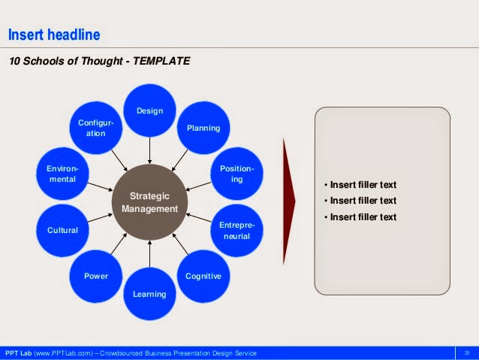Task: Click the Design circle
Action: [149, 110]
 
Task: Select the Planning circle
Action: [203, 128]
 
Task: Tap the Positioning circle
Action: [236, 174]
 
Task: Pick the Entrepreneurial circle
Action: [236, 230]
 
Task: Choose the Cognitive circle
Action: [203, 276]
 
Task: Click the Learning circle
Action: [149, 294]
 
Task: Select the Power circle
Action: [96, 276]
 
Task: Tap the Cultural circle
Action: [62, 230]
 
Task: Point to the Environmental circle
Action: [62, 174]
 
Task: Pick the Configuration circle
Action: [96, 128]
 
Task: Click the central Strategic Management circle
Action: [149, 202]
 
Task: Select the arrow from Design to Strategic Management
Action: [149, 150]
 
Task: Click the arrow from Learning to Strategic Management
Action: [149, 254]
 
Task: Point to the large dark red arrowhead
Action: [289, 201]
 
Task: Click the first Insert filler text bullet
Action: [360, 185]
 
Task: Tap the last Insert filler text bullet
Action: [360, 217]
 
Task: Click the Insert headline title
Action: [54, 35]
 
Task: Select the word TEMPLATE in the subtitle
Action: [161, 61]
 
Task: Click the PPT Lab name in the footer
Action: [18, 353]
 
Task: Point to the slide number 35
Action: [467, 353]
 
